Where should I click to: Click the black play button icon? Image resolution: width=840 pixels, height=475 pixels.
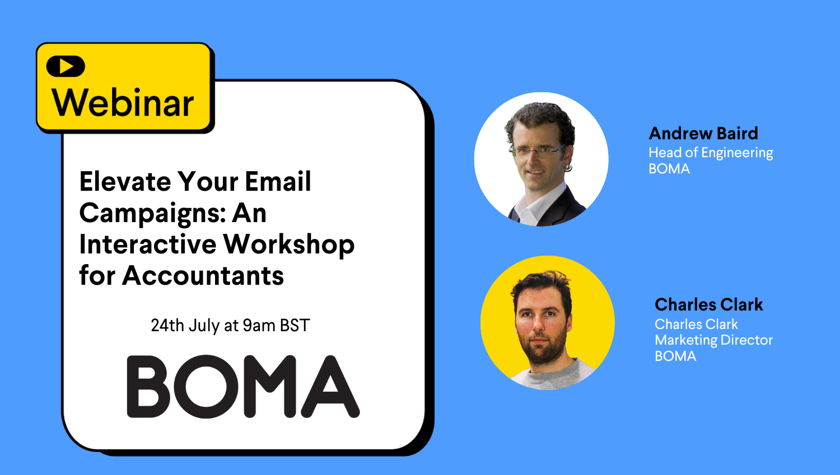(x=66, y=67)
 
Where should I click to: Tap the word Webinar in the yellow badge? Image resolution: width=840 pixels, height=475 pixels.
(x=123, y=102)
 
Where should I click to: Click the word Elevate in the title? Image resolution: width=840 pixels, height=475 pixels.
(x=125, y=181)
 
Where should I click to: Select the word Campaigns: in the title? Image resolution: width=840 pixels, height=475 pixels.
(x=152, y=214)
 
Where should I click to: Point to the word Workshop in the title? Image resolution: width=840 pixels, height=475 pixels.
(x=289, y=244)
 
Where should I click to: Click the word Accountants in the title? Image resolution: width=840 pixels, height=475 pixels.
(x=203, y=276)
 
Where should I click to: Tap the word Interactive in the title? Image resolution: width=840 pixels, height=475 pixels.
(x=148, y=244)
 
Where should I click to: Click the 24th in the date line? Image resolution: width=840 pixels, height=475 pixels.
(x=167, y=325)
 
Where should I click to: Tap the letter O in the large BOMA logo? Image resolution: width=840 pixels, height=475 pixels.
(x=206, y=386)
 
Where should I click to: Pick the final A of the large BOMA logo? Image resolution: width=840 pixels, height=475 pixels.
(x=330, y=386)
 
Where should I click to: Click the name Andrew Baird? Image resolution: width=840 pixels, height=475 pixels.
(x=703, y=133)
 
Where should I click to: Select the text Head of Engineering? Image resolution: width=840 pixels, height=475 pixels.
(x=711, y=153)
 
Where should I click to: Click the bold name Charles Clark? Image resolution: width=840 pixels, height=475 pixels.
(x=709, y=304)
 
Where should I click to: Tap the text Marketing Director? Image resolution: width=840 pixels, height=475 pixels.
(x=713, y=340)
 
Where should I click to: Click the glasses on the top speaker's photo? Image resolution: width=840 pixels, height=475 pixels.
(x=537, y=151)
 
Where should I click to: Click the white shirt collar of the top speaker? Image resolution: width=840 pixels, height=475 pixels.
(x=540, y=204)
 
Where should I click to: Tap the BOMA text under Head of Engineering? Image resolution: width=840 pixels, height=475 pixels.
(x=669, y=169)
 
